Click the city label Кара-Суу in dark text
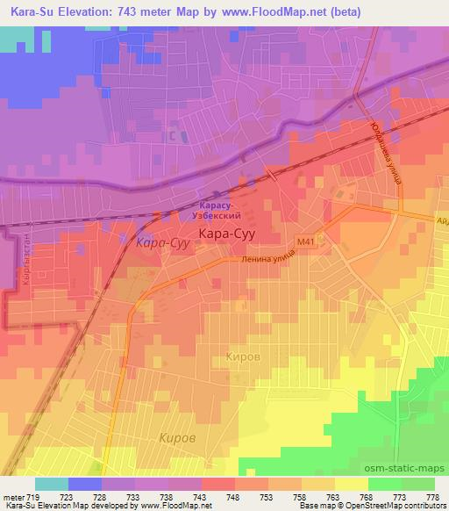click(228, 234)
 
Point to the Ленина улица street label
click(264, 258)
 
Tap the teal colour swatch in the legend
click(52, 484)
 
